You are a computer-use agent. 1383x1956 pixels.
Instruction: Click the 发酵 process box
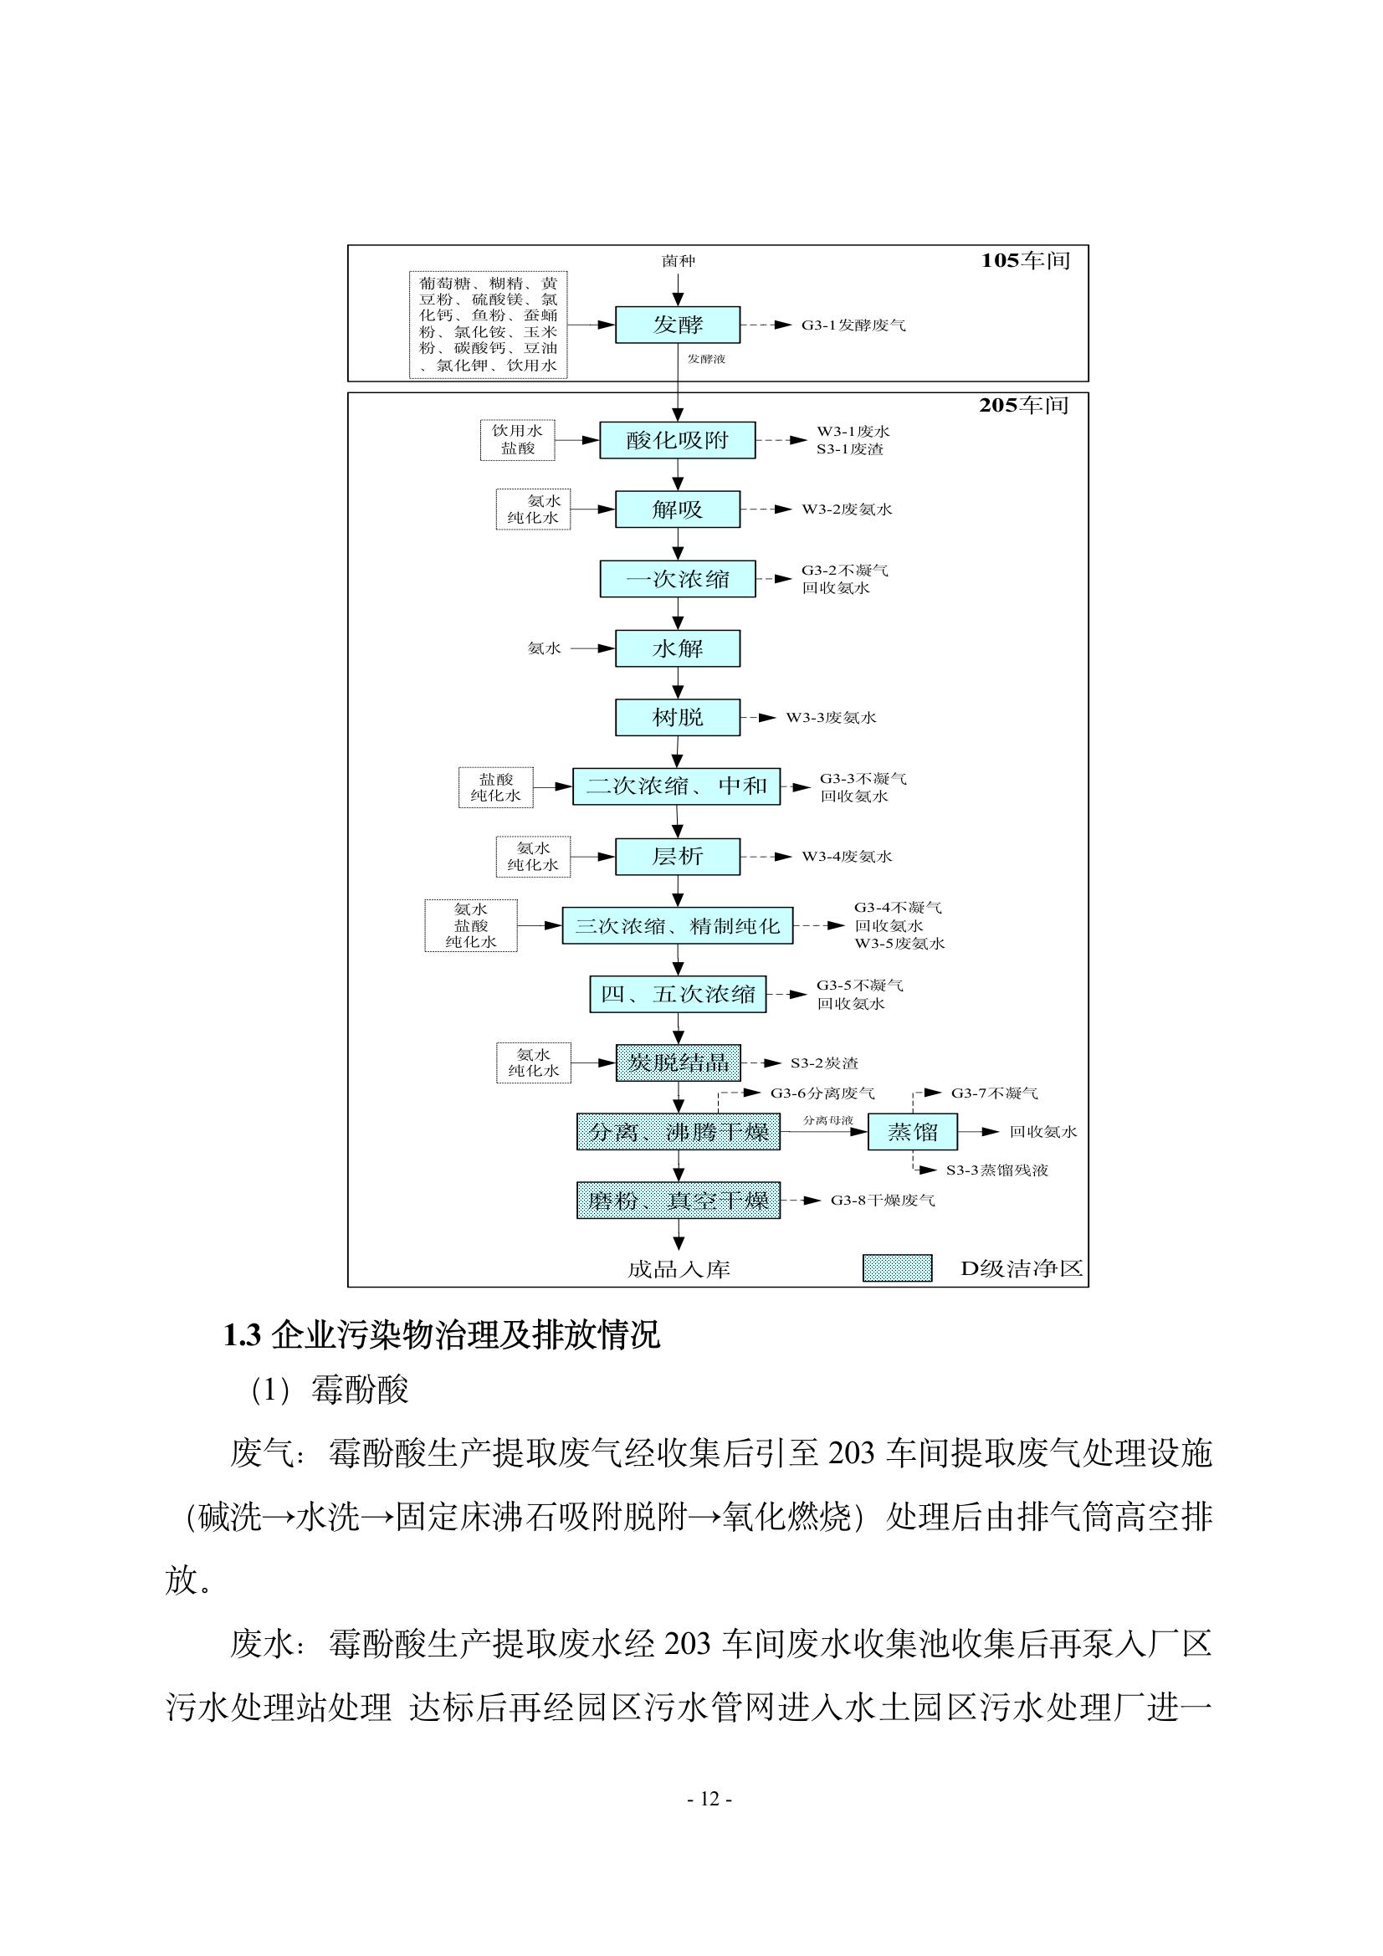(x=678, y=325)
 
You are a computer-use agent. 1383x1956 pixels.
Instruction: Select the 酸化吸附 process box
(x=678, y=439)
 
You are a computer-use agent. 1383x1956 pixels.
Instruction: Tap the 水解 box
(x=678, y=648)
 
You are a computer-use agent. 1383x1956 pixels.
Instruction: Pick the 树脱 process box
(x=678, y=717)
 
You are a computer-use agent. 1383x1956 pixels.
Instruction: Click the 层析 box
(x=678, y=856)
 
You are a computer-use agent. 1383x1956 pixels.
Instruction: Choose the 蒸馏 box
(x=913, y=1131)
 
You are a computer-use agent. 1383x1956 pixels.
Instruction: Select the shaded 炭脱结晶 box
(x=679, y=1062)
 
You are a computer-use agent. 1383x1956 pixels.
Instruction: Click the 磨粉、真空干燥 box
(x=679, y=1201)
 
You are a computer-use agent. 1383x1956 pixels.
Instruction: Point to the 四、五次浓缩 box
(x=679, y=993)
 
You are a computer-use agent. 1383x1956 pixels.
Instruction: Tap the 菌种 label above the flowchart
(x=679, y=261)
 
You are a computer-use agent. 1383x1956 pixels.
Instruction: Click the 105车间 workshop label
(x=1025, y=261)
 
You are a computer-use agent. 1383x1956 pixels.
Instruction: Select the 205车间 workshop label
(x=1024, y=405)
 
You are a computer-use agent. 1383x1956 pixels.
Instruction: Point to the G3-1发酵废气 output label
(x=853, y=325)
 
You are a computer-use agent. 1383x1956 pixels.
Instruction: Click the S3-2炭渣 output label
(x=824, y=1063)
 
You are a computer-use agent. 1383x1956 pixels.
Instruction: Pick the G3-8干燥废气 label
(x=883, y=1201)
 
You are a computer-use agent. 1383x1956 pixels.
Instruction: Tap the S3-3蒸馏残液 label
(x=997, y=1170)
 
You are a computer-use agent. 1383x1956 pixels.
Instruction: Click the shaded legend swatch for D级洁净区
(x=897, y=1268)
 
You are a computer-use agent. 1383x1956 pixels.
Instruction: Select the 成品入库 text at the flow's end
(x=679, y=1269)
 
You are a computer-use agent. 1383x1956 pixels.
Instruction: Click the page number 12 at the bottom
(x=709, y=1800)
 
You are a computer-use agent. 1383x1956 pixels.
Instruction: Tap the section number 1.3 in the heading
(x=241, y=1336)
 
